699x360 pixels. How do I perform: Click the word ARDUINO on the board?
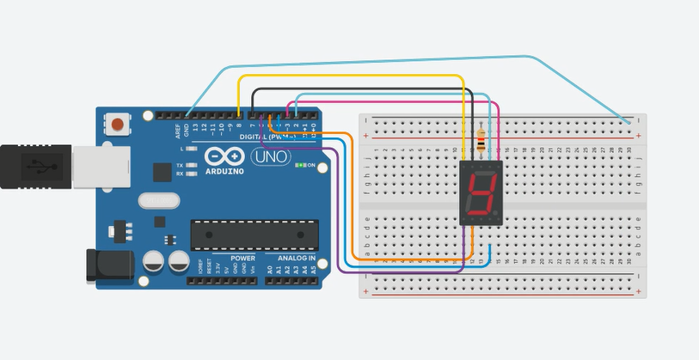point(225,171)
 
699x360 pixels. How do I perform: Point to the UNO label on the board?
point(270,158)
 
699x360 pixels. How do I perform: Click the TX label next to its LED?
point(179,165)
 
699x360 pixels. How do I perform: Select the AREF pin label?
point(179,131)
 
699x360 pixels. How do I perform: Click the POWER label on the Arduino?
point(242,258)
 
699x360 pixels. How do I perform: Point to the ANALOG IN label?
point(296,258)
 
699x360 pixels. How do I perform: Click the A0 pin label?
point(269,270)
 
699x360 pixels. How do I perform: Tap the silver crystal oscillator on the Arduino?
point(157,200)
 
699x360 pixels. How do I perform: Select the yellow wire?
point(361,76)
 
